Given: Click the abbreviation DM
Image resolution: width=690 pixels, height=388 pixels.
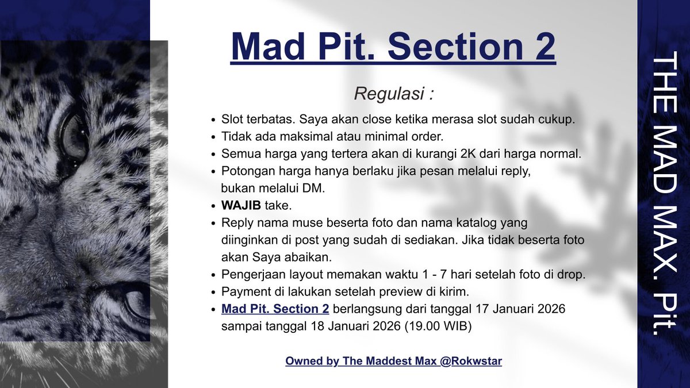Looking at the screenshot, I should [315, 188].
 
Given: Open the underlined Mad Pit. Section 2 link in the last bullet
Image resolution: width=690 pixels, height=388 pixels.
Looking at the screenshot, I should [275, 309].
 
